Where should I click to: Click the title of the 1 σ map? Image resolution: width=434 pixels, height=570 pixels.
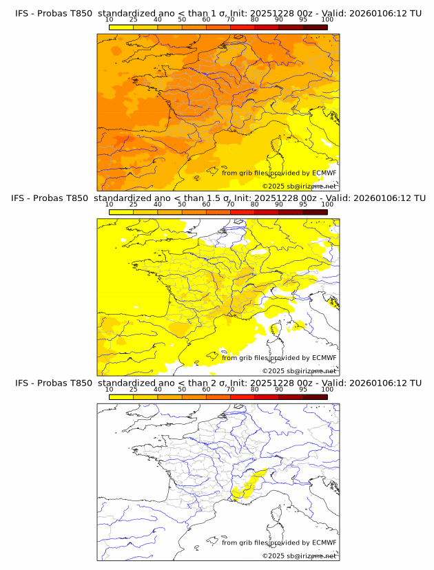(x=218, y=13)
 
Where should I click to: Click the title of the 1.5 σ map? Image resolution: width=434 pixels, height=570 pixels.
(x=218, y=198)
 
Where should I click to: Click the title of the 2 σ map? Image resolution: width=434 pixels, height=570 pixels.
(x=218, y=383)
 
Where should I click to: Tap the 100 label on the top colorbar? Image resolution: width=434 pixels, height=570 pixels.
(x=327, y=20)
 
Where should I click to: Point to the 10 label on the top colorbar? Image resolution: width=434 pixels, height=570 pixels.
(x=109, y=20)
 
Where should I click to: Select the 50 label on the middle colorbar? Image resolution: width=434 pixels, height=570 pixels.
(x=182, y=204)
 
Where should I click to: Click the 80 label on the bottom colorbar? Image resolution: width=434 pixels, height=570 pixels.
(x=255, y=390)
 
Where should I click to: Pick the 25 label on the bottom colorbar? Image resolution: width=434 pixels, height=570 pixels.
(x=133, y=390)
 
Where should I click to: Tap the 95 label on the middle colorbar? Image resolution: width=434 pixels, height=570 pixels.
(x=303, y=204)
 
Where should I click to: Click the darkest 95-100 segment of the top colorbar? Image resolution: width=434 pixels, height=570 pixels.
(x=315, y=27)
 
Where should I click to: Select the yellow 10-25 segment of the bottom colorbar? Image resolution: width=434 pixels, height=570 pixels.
(x=121, y=397)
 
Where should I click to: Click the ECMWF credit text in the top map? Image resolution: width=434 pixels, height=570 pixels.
(x=279, y=173)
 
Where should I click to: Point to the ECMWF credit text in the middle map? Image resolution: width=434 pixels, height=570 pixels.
(x=279, y=358)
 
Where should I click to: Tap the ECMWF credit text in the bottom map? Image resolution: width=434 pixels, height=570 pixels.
(x=279, y=542)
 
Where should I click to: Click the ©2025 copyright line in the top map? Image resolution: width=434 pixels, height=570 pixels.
(x=299, y=186)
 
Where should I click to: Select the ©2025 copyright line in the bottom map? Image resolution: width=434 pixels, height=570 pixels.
(x=299, y=556)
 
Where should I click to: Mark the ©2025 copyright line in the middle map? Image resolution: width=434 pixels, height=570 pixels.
(x=299, y=371)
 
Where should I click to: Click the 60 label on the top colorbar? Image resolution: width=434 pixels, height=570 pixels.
(x=206, y=20)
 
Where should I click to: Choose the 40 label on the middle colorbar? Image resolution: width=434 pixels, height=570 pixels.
(x=158, y=204)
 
